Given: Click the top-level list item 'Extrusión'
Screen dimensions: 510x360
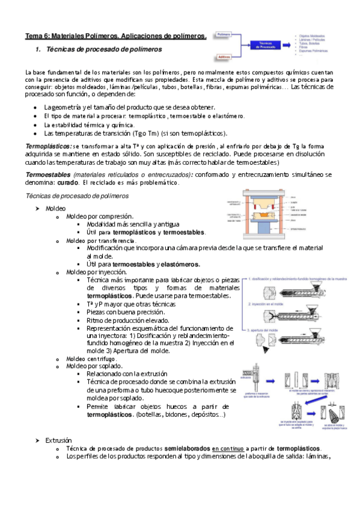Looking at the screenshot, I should coord(58,440).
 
